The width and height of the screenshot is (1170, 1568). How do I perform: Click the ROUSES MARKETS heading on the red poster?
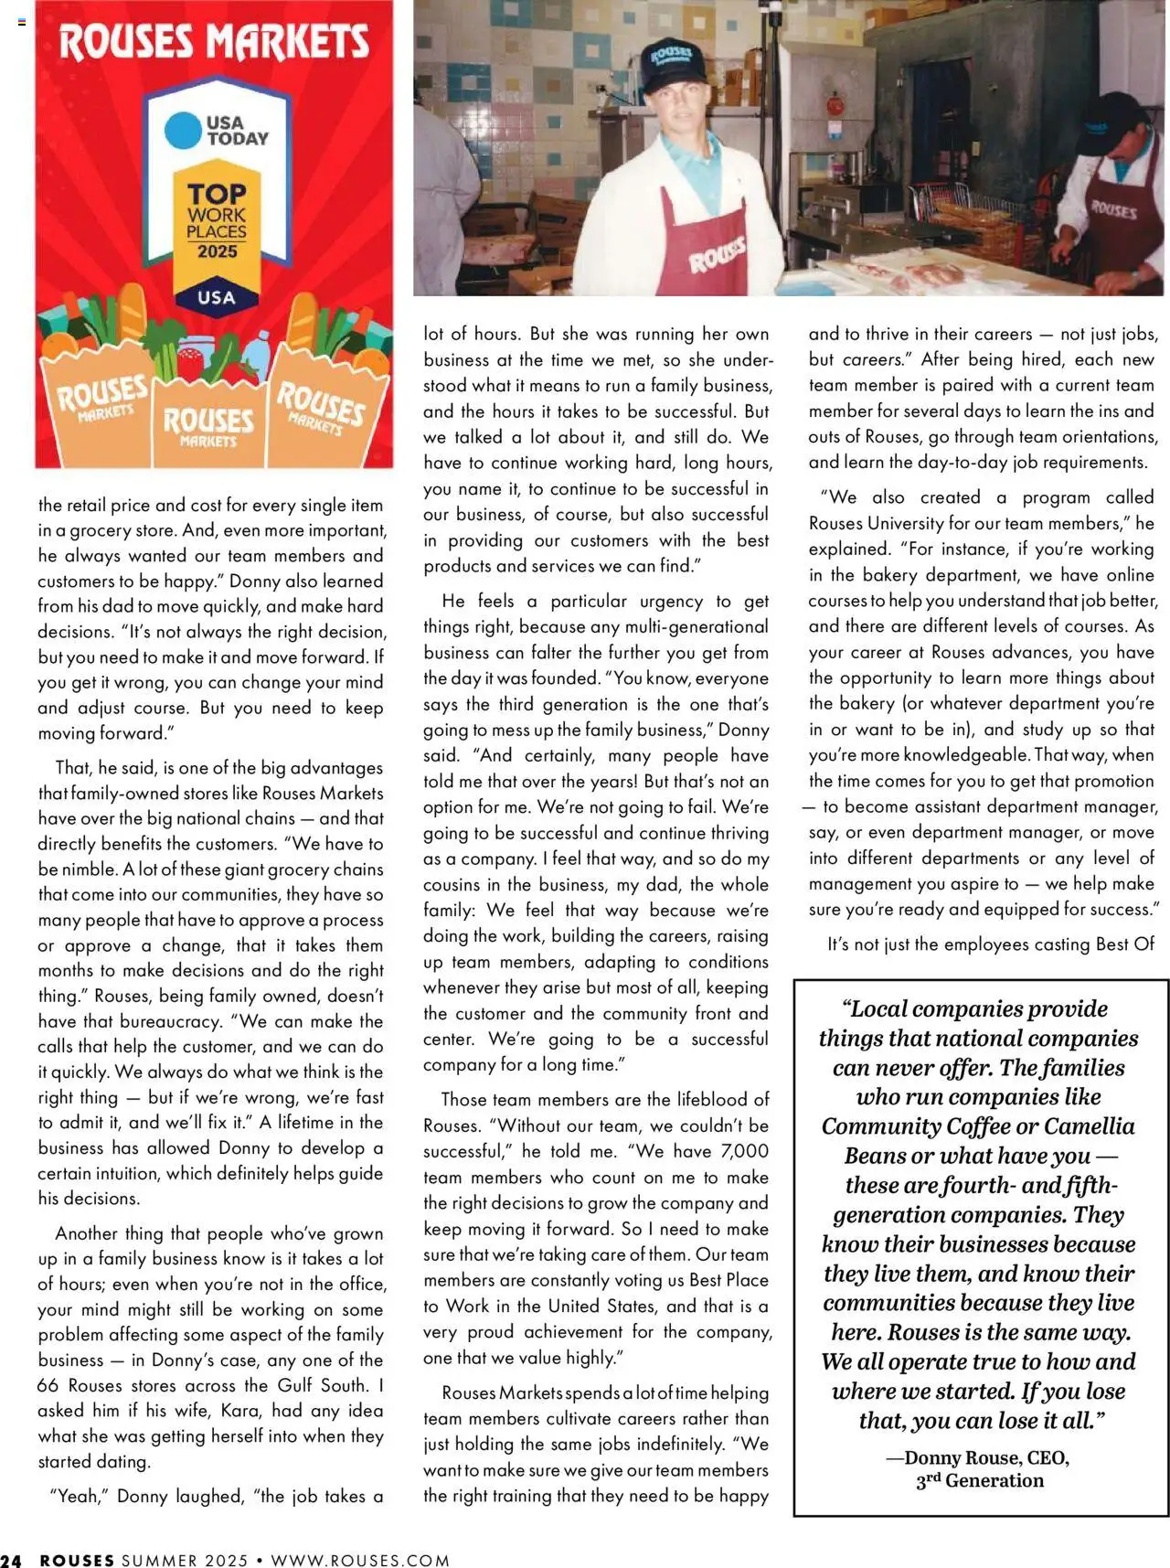pyautogui.click(x=214, y=42)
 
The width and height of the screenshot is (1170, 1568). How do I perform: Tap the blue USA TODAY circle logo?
pyautogui.click(x=182, y=131)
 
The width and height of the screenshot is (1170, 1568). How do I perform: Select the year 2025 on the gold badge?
pyautogui.click(x=217, y=251)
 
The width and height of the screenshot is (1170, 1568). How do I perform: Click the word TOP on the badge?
pyautogui.click(x=217, y=194)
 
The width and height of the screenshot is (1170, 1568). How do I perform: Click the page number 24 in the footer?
pyautogui.click(x=11, y=1560)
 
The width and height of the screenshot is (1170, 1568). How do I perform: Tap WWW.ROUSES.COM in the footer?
pyautogui.click(x=360, y=1560)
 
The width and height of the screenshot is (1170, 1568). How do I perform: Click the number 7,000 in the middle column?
pyautogui.click(x=745, y=1151)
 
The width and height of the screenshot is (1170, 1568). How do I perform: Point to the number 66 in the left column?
pyautogui.click(x=48, y=1385)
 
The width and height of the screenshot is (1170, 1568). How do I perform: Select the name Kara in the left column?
pyautogui.click(x=240, y=1411)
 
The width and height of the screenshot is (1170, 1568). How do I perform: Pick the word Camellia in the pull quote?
pyautogui.click(x=1090, y=1126)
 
